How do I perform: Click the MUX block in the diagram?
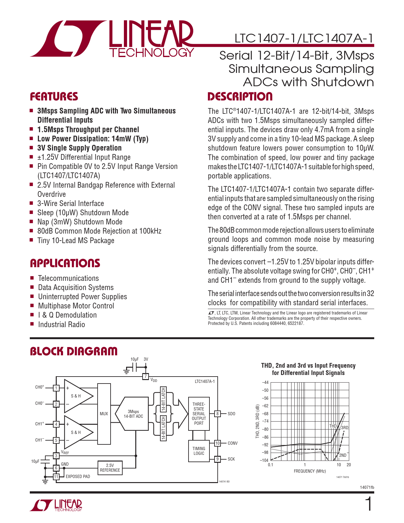point(104,414)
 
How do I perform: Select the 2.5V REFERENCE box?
point(110,468)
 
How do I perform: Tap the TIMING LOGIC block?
point(199,451)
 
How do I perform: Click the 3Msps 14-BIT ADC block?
point(133,414)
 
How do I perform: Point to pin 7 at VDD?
point(145,377)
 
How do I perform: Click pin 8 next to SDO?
point(217,414)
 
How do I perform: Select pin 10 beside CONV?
point(217,443)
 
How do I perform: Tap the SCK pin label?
point(231,459)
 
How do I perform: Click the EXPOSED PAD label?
point(78,476)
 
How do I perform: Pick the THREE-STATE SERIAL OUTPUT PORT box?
point(199,414)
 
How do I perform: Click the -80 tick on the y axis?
point(265,429)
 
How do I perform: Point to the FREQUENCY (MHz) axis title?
point(310,471)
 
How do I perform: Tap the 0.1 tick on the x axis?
point(271,465)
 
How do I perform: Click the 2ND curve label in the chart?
point(343,455)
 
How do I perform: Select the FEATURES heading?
point(54,97)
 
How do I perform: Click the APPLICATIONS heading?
point(65,263)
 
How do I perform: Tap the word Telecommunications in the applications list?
point(68,278)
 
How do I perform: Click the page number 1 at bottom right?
point(369,504)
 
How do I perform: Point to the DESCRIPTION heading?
point(240,97)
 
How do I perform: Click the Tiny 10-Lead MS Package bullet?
point(76,241)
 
